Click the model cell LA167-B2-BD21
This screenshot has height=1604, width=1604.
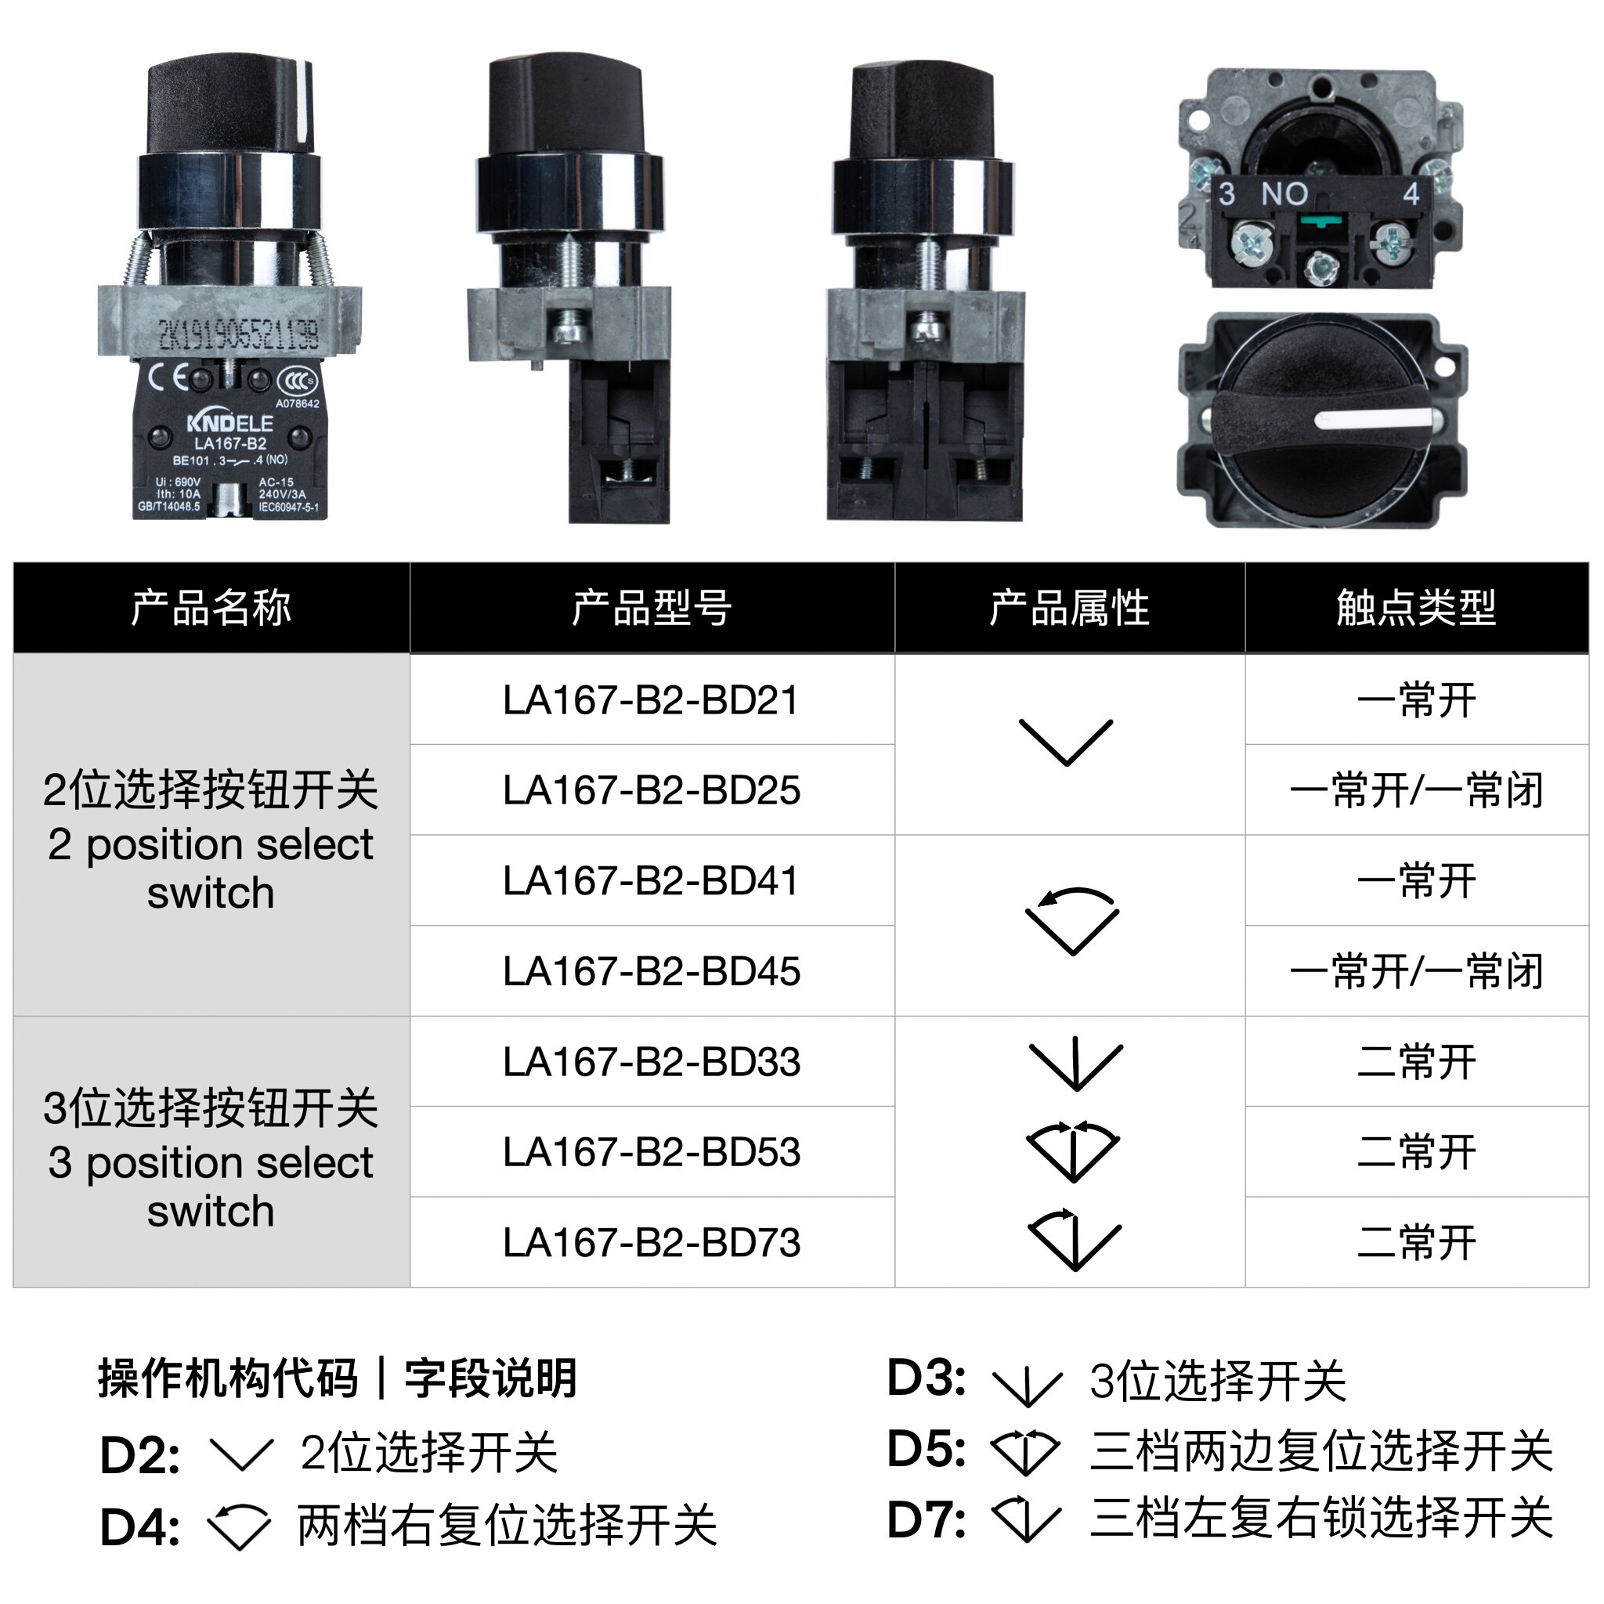pyautogui.click(x=651, y=700)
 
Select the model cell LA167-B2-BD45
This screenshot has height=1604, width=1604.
pyautogui.click(x=651, y=970)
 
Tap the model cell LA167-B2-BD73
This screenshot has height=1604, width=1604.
pyautogui.click(x=651, y=1242)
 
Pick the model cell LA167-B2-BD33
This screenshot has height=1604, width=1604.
pyautogui.click(x=651, y=1061)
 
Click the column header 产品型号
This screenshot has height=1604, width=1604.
pyautogui.click(x=651, y=608)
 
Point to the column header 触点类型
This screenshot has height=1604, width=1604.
pyautogui.click(x=1415, y=608)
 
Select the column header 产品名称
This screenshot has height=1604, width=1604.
pyautogui.click(x=211, y=608)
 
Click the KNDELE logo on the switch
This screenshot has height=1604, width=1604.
pyautogui.click(x=230, y=423)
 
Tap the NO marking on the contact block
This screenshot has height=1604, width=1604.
pyautogui.click(x=1284, y=194)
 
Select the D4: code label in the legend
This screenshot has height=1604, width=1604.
pyautogui.click(x=139, y=1527)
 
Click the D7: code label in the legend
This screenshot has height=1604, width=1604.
pyautogui.click(x=926, y=1519)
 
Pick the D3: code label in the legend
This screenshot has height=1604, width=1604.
pyautogui.click(x=926, y=1378)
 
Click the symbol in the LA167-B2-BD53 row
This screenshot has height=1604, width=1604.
pyautogui.click(x=1073, y=1151)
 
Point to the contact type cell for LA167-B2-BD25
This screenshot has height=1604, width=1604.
pyautogui.click(x=1415, y=789)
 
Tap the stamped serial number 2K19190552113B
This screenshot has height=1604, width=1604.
pyautogui.click(x=238, y=334)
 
